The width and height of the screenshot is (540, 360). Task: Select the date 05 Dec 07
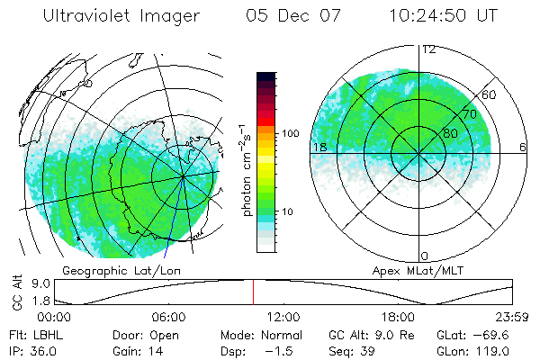coord(288,16)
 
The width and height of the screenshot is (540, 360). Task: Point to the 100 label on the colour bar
coord(289,133)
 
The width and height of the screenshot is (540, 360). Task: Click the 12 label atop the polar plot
coord(428,49)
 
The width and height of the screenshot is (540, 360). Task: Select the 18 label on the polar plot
coord(319,147)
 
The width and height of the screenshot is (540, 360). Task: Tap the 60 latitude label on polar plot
coord(489,94)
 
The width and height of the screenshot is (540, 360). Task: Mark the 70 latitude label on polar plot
coord(468,114)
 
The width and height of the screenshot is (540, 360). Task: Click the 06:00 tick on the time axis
coord(168,317)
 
